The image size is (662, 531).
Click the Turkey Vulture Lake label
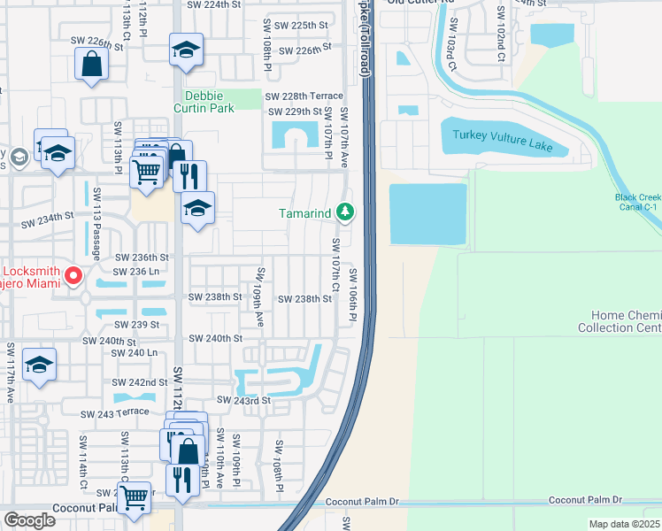coord(502,139)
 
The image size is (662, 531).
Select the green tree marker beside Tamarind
coord(346,212)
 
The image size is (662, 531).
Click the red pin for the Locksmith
coord(73,276)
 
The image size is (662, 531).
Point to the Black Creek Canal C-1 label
coord(637,203)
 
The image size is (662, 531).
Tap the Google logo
coord(29,519)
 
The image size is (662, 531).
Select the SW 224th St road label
coord(213,4)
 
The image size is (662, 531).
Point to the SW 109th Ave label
coord(260,296)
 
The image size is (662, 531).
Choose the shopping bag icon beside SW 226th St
coord(92,64)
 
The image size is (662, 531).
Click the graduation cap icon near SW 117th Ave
coord(39,365)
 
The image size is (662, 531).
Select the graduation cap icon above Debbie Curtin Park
coord(187,49)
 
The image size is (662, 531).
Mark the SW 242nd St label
coord(139,382)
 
